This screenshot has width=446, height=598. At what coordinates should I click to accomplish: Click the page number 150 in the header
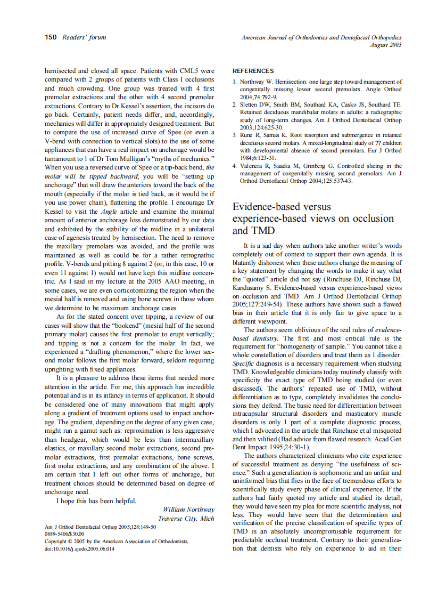(51, 37)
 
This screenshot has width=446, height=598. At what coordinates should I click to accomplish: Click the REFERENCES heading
(253, 71)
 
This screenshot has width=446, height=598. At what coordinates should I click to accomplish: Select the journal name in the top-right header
(321, 37)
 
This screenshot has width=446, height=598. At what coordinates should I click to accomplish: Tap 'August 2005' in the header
(386, 45)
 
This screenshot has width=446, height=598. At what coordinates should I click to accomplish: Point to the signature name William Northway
(188, 510)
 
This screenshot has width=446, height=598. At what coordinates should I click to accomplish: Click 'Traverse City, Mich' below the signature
(186, 519)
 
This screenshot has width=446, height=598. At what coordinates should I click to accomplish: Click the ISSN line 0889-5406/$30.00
(64, 534)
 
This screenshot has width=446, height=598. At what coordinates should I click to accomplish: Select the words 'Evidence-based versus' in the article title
(282, 207)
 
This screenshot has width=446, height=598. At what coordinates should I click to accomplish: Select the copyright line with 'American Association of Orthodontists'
(116, 541)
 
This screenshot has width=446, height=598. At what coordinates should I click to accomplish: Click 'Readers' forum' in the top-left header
(84, 37)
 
